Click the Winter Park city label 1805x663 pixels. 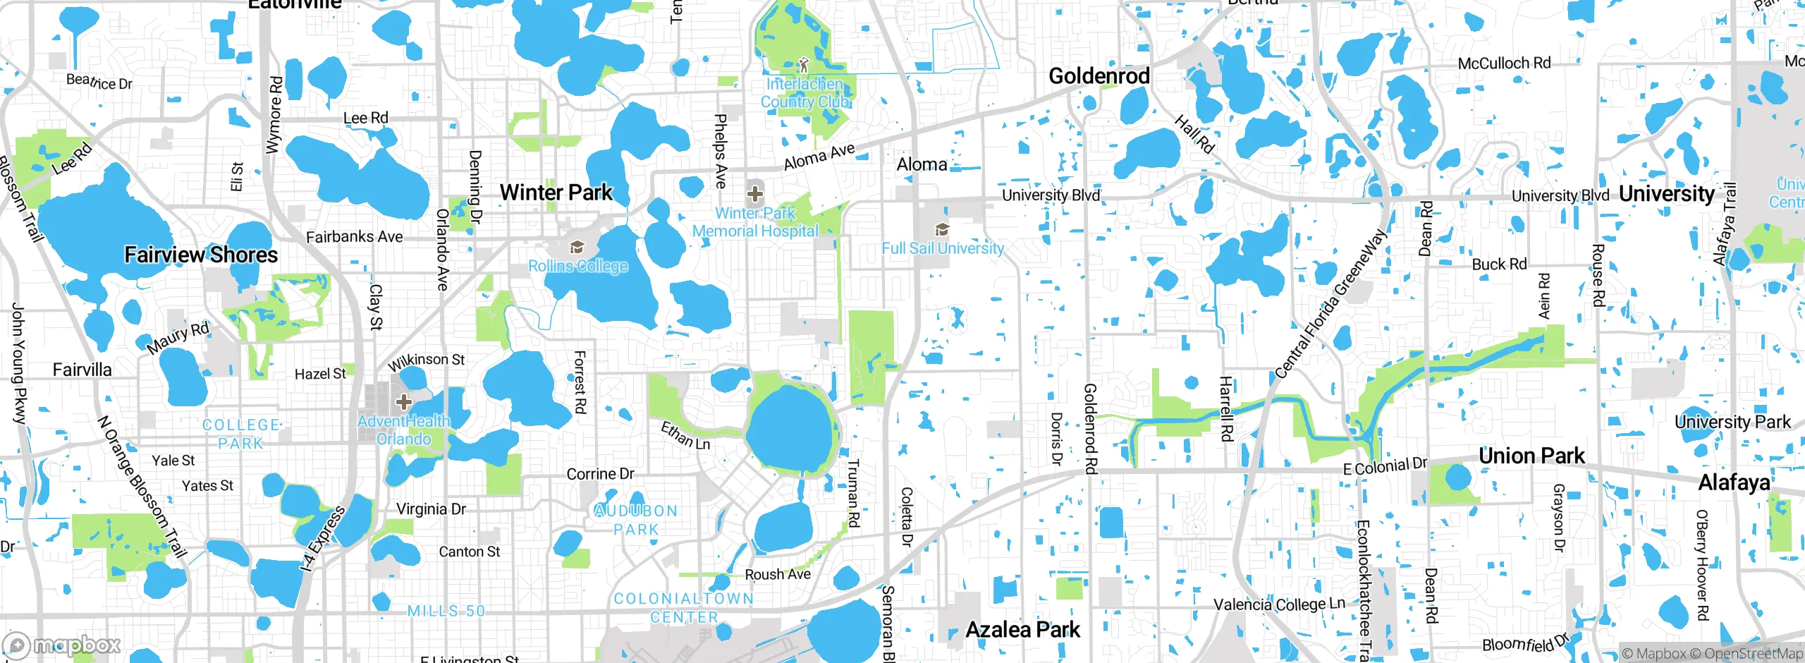(556, 193)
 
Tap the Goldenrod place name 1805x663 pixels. (1099, 76)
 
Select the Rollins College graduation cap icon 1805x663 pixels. (577, 247)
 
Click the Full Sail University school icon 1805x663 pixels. (941, 229)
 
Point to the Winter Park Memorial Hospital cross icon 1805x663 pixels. (754, 193)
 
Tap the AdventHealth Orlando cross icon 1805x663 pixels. (403, 402)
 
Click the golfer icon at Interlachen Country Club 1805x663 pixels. (804, 66)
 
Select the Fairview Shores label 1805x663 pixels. (201, 255)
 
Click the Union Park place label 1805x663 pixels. (1531, 456)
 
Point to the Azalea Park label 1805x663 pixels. (1022, 629)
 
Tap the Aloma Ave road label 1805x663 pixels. (819, 157)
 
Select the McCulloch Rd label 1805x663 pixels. (1504, 63)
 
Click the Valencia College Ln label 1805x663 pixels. (1279, 604)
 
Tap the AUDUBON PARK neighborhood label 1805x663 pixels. (636, 520)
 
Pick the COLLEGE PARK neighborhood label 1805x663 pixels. (240, 434)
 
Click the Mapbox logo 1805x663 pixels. (62, 645)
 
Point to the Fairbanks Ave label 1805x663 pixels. (354, 237)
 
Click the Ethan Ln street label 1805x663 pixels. (685, 436)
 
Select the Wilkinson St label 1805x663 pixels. (427, 361)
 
